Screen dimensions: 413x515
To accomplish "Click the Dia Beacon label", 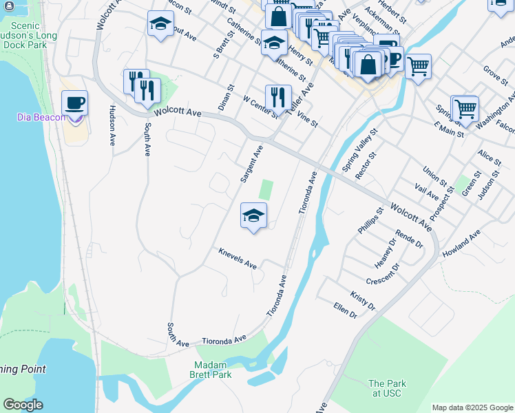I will click(x=41, y=117).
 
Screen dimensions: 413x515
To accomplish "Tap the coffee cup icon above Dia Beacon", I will click(x=74, y=103).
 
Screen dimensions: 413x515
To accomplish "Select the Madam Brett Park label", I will click(x=211, y=370).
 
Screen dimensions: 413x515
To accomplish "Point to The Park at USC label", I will click(x=387, y=388).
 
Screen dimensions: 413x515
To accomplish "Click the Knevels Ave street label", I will click(x=238, y=260).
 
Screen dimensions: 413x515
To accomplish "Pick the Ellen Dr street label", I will click(x=345, y=310).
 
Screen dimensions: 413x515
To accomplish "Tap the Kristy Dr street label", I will click(x=363, y=300).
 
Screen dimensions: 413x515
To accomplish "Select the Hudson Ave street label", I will click(x=112, y=125).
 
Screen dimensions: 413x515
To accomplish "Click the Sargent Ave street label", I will click(x=251, y=164).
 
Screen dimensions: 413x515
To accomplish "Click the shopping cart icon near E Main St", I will click(x=465, y=108).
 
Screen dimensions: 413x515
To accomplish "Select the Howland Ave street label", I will click(x=461, y=244).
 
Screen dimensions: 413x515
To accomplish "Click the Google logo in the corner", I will click(x=23, y=405).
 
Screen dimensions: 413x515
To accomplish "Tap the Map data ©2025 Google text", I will click(x=472, y=407).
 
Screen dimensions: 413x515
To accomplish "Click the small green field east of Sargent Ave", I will click(x=265, y=190).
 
